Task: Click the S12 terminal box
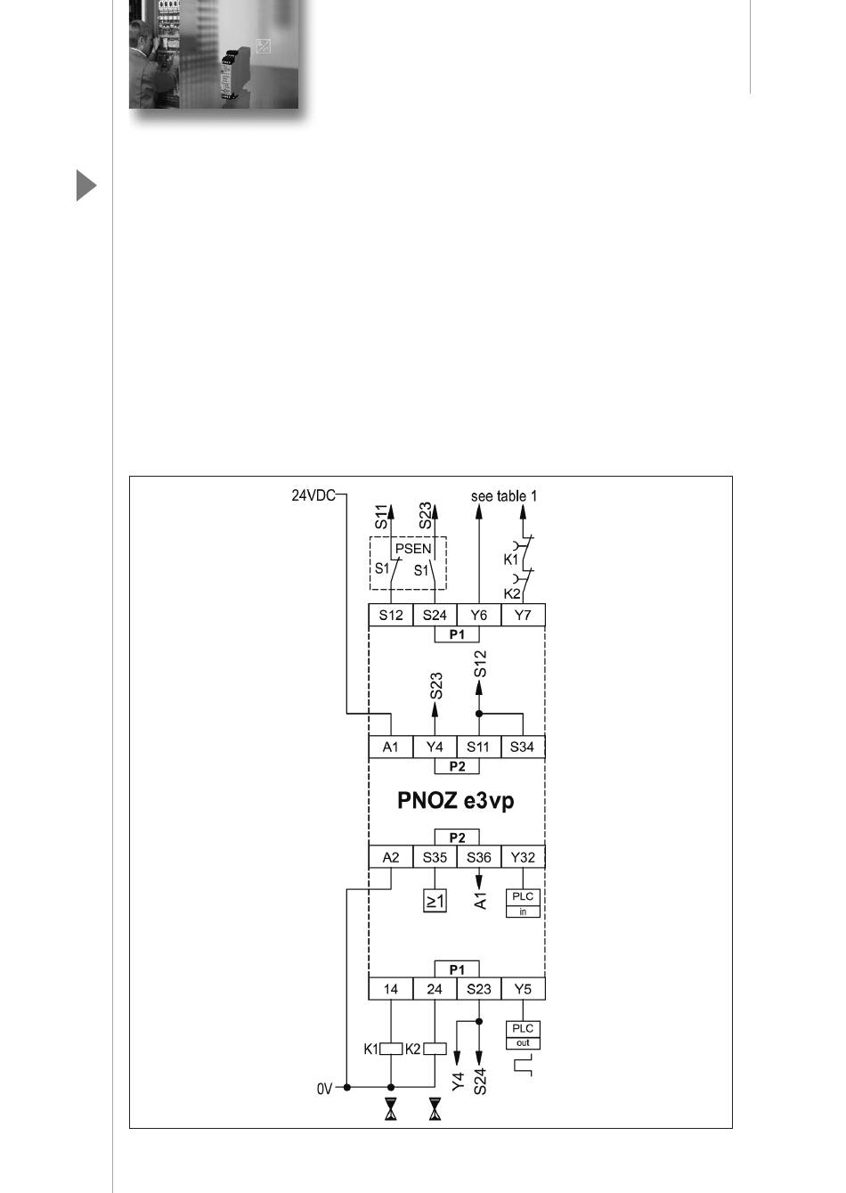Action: pos(391,615)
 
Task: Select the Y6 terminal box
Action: pos(478,615)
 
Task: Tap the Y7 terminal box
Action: pos(523,615)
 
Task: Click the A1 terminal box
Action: pos(391,747)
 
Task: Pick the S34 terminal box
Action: pos(523,747)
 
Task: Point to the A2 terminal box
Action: pos(391,857)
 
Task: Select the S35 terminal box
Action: pos(435,857)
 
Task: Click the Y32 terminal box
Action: pos(523,857)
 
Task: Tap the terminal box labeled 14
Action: pos(391,989)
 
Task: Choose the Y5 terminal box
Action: pos(523,989)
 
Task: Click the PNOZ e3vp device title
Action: pos(456,800)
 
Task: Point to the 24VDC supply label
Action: pos(313,494)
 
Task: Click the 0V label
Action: pos(324,1088)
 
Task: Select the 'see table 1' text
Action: pos(504,495)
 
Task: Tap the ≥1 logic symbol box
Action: pos(435,901)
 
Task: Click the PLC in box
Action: pos(523,903)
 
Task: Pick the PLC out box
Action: pos(523,1034)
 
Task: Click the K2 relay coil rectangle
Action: pos(435,1049)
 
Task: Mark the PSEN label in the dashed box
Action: pos(413,549)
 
